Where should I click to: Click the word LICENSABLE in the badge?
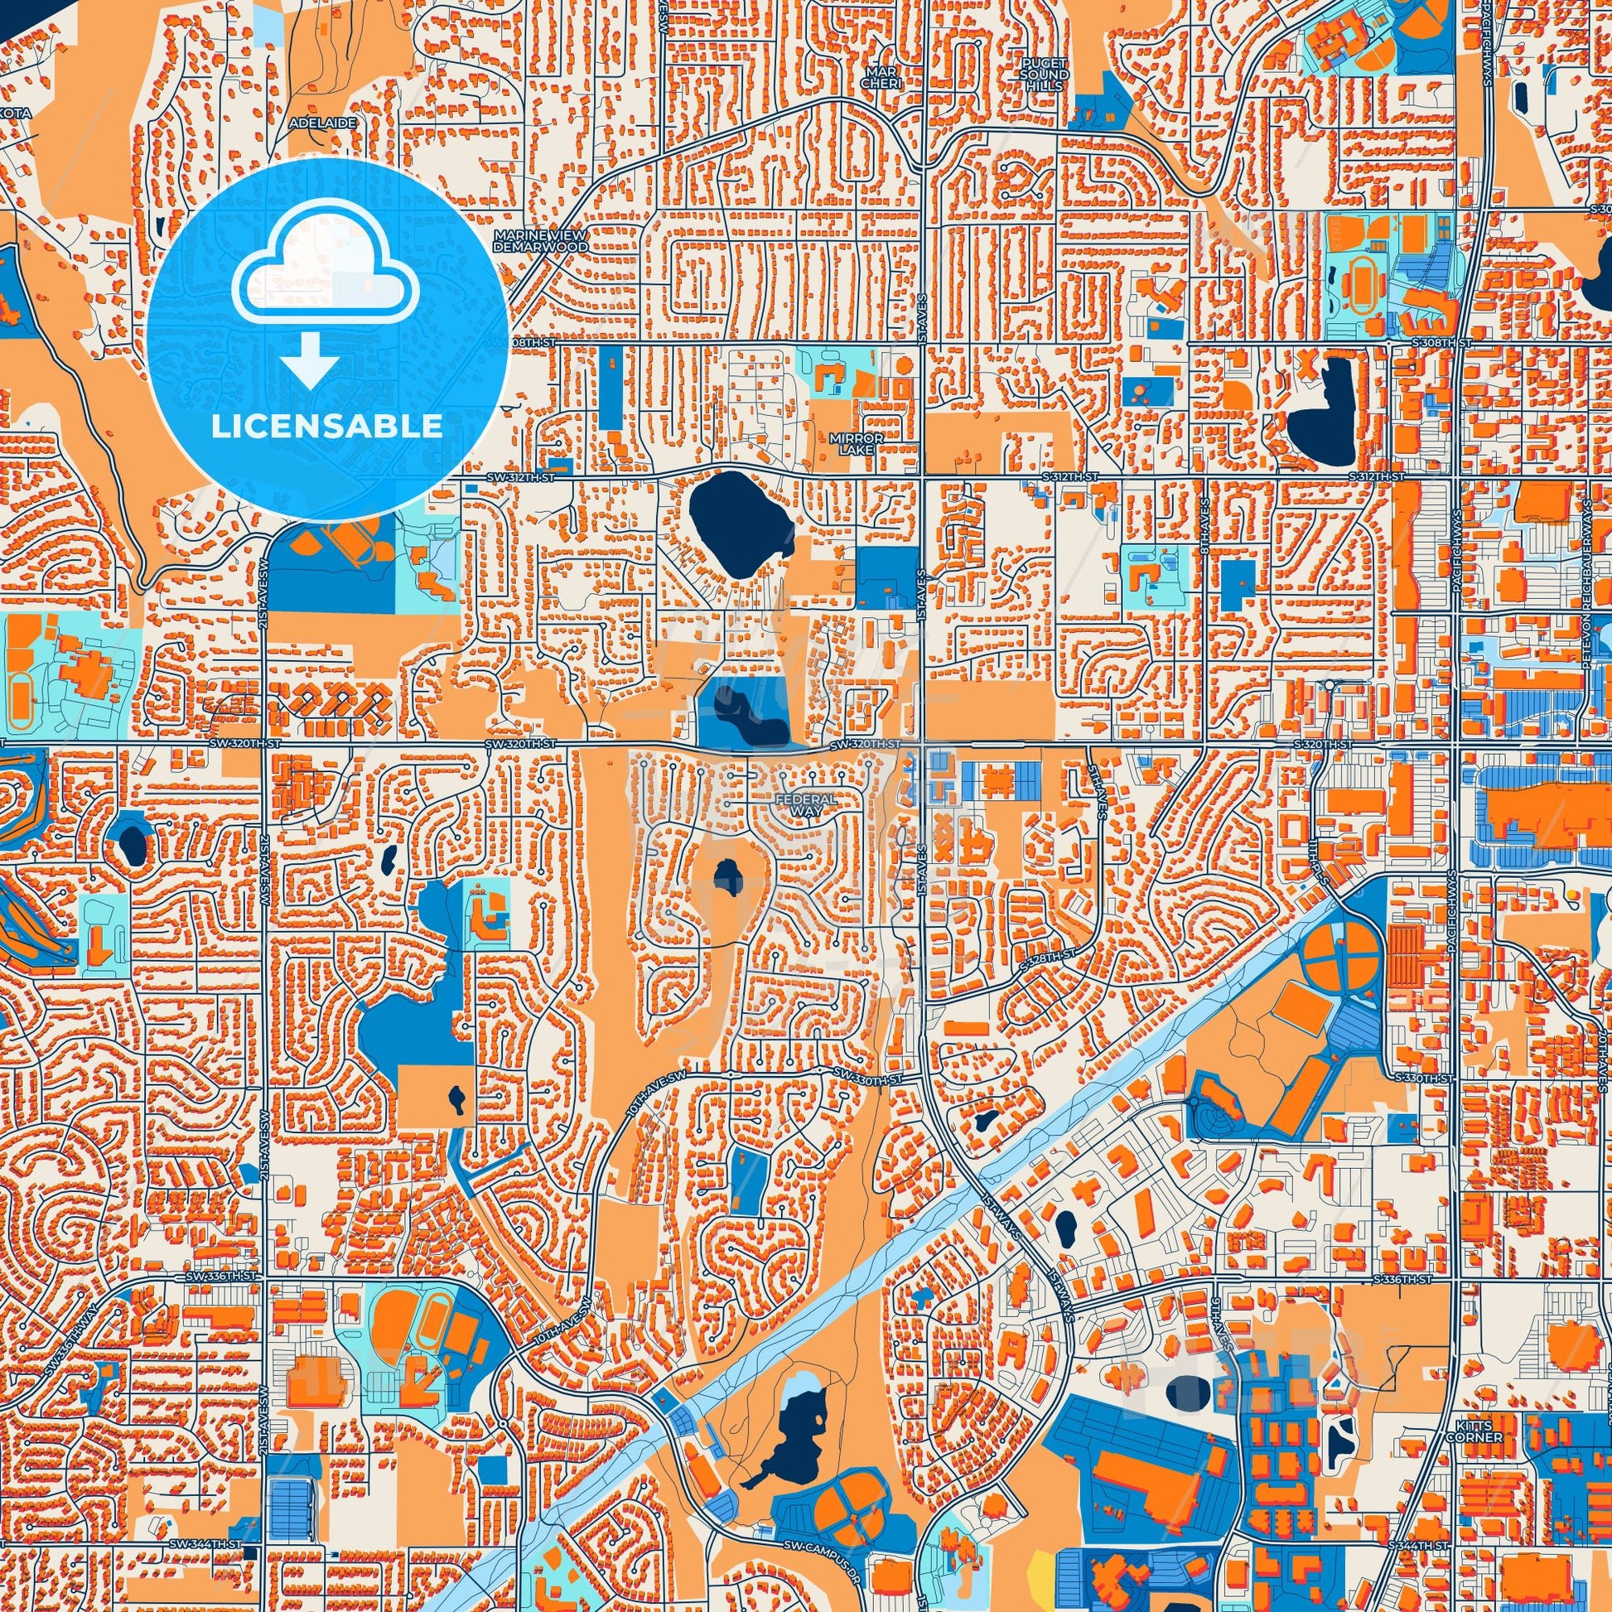(326, 427)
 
